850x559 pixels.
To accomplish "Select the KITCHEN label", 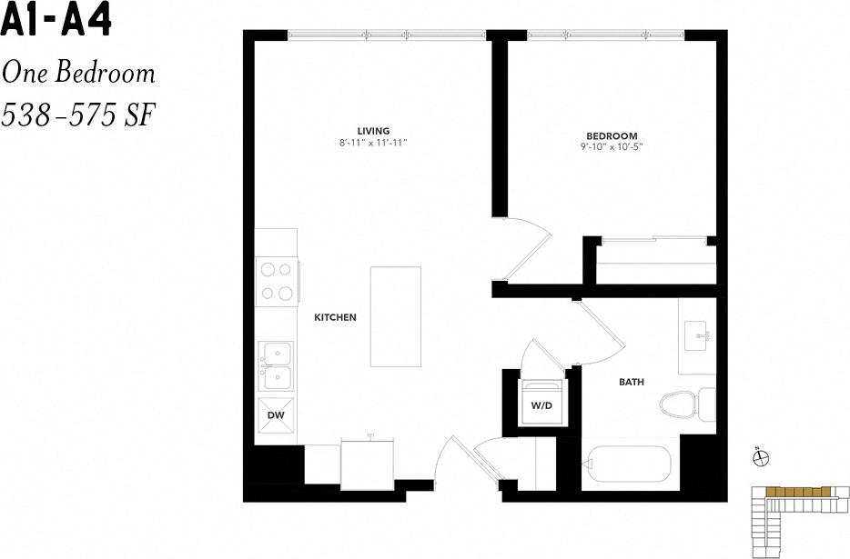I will tap(335, 317).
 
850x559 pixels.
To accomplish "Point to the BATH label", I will tap(632, 383).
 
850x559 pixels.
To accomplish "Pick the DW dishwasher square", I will tap(276, 415).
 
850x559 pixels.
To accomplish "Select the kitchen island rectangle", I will tap(395, 316).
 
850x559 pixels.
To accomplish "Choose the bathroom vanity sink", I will tap(701, 337).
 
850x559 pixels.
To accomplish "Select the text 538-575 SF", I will tap(78, 115).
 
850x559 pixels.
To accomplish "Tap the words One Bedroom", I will tap(78, 73).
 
